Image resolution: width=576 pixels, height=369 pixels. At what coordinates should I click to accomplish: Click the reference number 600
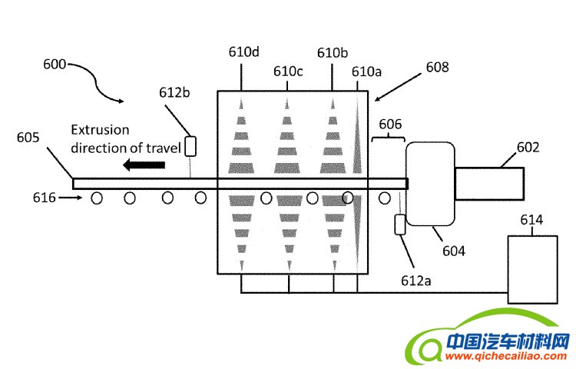[x=55, y=65]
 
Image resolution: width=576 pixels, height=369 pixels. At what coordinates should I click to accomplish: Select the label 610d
[x=243, y=52]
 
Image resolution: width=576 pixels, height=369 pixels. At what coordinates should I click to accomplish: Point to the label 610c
[x=289, y=71]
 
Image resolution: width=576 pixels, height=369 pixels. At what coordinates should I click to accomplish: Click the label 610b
[x=333, y=52]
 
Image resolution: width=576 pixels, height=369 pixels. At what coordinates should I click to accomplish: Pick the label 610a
[x=366, y=71]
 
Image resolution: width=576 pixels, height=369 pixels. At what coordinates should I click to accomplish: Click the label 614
[x=531, y=221]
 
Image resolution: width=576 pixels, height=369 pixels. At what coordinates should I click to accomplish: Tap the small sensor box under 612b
[x=190, y=146]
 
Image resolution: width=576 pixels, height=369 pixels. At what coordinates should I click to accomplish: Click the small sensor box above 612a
[x=399, y=224]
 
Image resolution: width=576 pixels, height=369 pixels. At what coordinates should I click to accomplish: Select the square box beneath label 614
[x=531, y=270]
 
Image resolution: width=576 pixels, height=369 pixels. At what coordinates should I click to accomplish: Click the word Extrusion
[x=100, y=130]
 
